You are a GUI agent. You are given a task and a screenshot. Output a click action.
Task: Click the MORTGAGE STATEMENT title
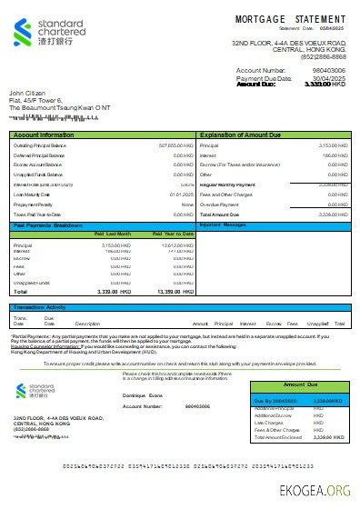click(x=290, y=19)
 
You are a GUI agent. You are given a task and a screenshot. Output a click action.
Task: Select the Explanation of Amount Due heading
click(x=239, y=135)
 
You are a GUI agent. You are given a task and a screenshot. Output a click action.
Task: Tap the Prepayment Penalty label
click(x=35, y=204)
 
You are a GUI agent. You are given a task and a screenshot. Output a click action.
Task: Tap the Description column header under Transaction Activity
click(x=87, y=323)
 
